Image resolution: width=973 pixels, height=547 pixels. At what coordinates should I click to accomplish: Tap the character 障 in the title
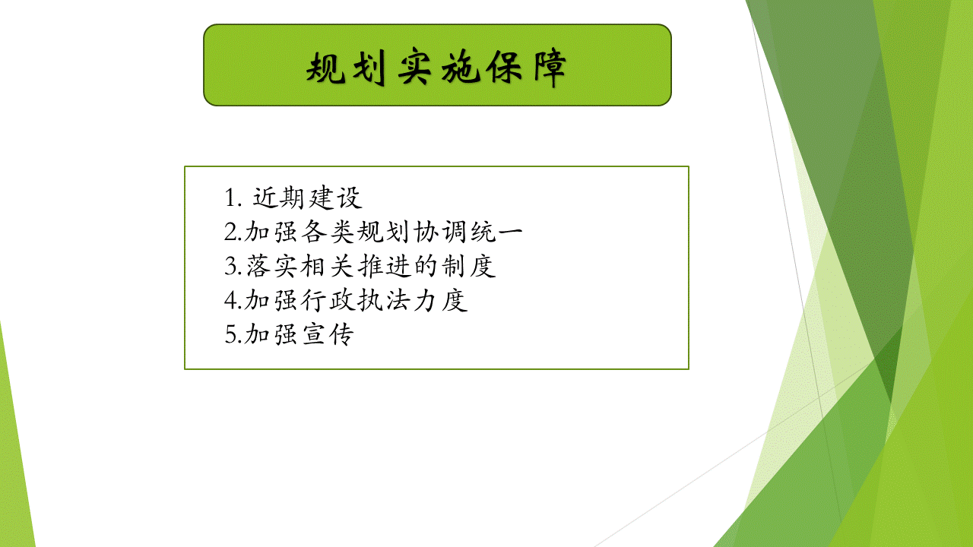coord(550,68)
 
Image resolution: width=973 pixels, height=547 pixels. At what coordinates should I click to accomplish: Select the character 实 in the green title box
coord(415,68)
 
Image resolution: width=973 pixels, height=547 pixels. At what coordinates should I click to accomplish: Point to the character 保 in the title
coord(504,68)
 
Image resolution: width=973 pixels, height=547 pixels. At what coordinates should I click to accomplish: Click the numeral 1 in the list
coord(230,198)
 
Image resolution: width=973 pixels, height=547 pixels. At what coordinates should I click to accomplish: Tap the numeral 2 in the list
coord(230,232)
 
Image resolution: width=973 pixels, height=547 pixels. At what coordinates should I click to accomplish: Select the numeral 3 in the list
coord(230,265)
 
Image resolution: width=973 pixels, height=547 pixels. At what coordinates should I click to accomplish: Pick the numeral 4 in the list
coord(230,299)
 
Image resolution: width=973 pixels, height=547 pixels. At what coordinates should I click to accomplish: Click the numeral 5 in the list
coord(230,334)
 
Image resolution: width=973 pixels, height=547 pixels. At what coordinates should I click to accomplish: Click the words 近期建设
coord(307,198)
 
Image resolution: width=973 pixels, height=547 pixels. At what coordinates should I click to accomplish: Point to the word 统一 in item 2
coord(496,232)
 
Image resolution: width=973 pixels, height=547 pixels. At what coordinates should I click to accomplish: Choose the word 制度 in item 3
coord(469,266)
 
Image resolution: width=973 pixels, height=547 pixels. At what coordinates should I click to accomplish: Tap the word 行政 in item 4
coord(328,300)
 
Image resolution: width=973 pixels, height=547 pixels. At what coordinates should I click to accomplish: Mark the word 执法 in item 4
coord(384,300)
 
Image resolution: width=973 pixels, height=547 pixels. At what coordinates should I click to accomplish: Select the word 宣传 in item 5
coord(328,334)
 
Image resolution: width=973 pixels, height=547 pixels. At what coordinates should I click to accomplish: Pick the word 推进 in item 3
coord(384,266)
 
